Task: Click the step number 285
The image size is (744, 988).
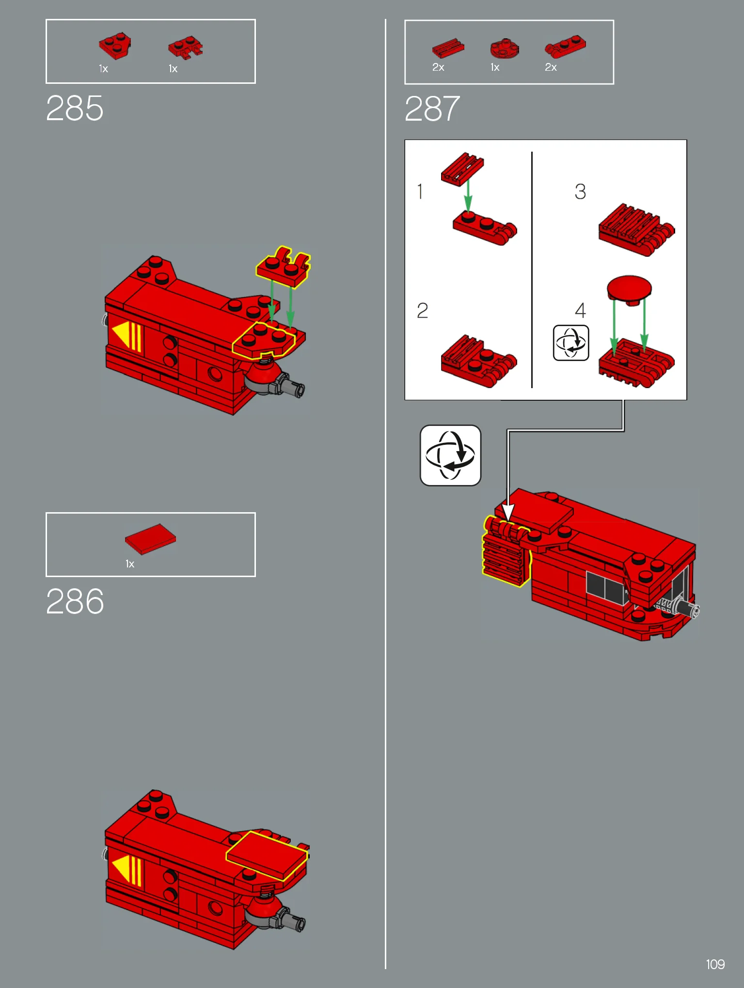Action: (75, 108)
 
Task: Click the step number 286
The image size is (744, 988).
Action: (75, 601)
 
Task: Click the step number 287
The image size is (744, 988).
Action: (432, 109)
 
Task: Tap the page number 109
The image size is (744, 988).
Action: (715, 964)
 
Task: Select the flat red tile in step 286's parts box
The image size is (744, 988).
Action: (150, 539)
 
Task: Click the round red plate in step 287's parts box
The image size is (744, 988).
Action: (504, 48)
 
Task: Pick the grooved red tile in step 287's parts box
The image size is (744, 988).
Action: (448, 48)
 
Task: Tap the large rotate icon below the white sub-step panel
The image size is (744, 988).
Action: (450, 455)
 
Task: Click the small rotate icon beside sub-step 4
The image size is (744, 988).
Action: (571, 343)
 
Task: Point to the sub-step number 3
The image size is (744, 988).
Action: (580, 191)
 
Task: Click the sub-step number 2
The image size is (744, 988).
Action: (422, 311)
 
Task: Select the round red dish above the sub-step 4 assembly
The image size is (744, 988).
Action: (629, 290)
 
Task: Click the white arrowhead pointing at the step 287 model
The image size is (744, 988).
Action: (507, 512)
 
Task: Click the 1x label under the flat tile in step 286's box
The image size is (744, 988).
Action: (130, 564)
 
